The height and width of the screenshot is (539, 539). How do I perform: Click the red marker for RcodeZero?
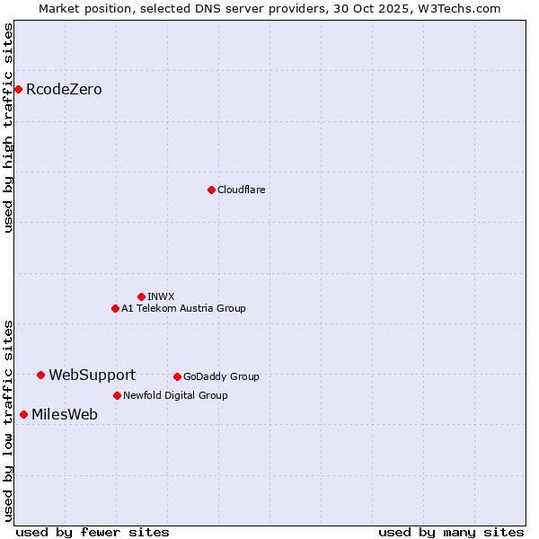pyautogui.click(x=18, y=89)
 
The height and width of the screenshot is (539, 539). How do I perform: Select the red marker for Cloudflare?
pyautogui.click(x=211, y=190)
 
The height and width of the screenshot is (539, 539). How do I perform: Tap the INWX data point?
pyautogui.click(x=141, y=296)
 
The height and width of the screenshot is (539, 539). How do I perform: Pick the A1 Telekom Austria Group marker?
pyautogui.click(x=115, y=308)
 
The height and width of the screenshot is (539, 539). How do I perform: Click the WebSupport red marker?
pyautogui.click(x=41, y=375)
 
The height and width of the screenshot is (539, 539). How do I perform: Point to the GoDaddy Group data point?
pyautogui.click(x=177, y=376)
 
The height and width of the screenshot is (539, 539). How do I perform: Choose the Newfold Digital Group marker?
pyautogui.click(x=117, y=395)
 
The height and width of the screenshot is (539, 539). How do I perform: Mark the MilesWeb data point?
pyautogui.click(x=23, y=414)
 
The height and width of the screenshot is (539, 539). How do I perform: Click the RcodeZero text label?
pyautogui.click(x=64, y=89)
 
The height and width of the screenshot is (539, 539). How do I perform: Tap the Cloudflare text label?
pyautogui.click(x=242, y=190)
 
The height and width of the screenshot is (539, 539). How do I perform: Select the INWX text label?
pyautogui.click(x=161, y=296)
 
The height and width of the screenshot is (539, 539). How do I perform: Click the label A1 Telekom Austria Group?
pyautogui.click(x=183, y=308)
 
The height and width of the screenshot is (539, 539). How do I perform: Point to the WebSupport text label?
pyautogui.click(x=92, y=375)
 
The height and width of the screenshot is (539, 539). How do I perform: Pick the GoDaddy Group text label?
pyautogui.click(x=221, y=376)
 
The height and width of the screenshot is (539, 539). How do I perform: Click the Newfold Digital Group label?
pyautogui.click(x=175, y=395)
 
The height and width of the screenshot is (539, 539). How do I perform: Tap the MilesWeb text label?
pyautogui.click(x=65, y=414)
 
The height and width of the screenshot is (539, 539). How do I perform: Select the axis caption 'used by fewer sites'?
pyautogui.click(x=93, y=532)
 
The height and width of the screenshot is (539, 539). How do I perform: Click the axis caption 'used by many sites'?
pyautogui.click(x=451, y=532)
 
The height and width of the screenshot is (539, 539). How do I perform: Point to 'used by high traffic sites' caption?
pyautogui.click(x=8, y=128)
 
